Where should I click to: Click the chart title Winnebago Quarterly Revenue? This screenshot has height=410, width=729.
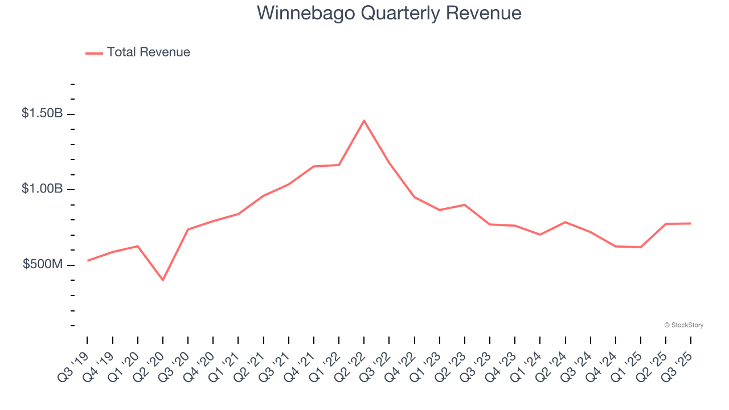tap(389, 13)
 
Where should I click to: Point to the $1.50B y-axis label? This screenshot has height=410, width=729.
tap(42, 113)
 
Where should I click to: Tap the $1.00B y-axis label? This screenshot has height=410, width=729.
tap(42, 188)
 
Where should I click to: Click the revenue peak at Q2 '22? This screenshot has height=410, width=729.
tap(364, 120)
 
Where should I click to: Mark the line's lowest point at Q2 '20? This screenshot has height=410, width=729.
tap(163, 280)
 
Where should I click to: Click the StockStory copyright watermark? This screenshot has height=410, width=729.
tap(683, 325)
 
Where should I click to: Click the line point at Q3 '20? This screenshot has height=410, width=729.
tap(188, 229)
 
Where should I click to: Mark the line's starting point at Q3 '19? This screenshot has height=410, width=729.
tap(87, 261)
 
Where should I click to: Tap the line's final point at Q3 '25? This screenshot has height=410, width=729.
tap(691, 223)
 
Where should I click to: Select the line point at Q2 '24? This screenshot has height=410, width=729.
tap(565, 222)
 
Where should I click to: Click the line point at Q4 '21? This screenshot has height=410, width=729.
tap(314, 166)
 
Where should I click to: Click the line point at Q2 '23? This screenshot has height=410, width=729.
tap(465, 204)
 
